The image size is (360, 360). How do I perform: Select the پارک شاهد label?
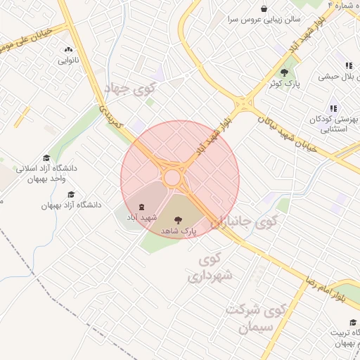[x=179, y=231]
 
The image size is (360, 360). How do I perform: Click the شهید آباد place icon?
[x=142, y=207]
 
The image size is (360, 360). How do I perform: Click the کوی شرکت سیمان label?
[x=256, y=318]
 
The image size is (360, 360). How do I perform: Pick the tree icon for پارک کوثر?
[x=285, y=72]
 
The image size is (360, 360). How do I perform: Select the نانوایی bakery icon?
[x=68, y=50]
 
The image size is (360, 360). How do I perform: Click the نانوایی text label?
[x=68, y=60]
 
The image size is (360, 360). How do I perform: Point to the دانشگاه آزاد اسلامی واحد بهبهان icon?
[x=46, y=157]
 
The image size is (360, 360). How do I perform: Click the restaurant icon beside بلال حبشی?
[x=348, y=65]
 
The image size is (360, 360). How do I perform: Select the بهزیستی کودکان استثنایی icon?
[x=333, y=108]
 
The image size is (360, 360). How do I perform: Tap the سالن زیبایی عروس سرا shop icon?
[x=264, y=9]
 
